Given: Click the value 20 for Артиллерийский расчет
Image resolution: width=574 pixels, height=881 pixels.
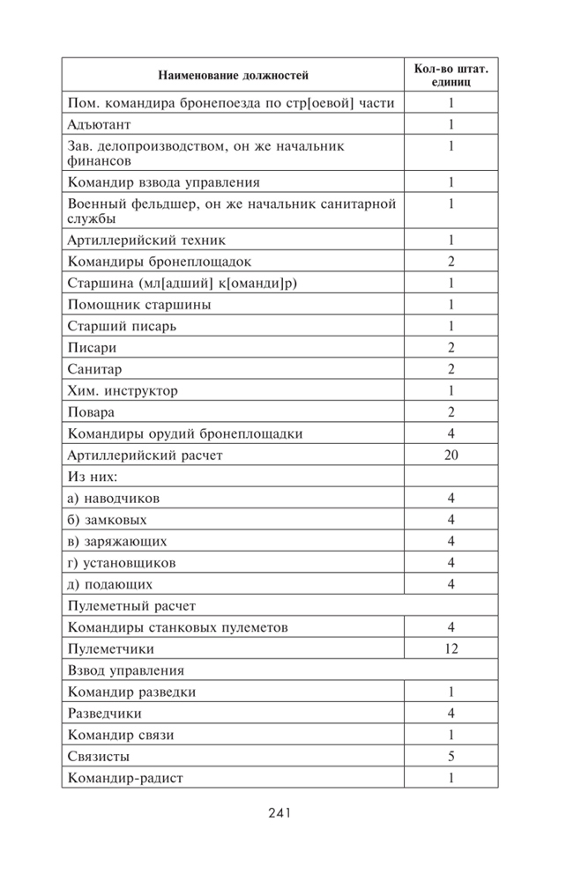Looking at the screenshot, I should coord(451,455).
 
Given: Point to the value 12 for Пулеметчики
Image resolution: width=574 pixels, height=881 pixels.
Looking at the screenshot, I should coord(451,648).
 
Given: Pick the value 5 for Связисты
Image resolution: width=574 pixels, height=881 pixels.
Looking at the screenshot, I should coord(451,756).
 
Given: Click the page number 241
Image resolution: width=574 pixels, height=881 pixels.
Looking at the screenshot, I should coord(280,812).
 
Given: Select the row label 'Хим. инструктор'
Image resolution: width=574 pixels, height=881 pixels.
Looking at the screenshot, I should coord(123,390).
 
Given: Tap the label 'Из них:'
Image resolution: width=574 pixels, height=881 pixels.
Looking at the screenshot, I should coord(93,477).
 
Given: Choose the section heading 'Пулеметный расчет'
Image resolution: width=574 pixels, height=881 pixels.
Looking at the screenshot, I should coord(130,606).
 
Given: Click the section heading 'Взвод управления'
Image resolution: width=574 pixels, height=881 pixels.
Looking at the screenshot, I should coord(126,670).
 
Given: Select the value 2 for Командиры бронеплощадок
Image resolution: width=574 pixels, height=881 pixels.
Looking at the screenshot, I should coord(451,262).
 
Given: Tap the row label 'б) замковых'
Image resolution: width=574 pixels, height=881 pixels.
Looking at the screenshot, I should coord(107,520).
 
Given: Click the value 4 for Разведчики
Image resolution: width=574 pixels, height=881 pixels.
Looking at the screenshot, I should coord(451,713).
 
